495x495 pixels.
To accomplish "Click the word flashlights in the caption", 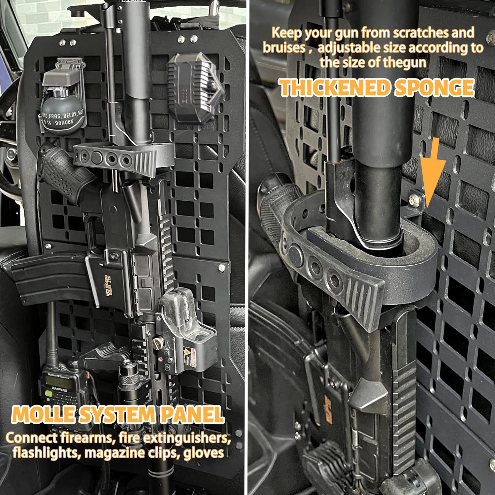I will (x=46, y=453).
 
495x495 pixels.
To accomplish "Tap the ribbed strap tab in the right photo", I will (x=363, y=290).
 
